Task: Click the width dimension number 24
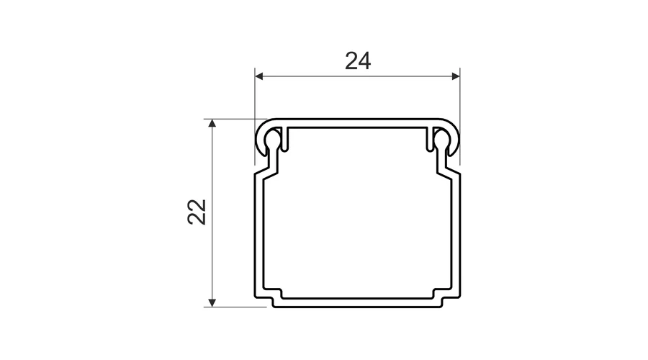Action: [x=358, y=60]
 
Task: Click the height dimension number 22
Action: [x=197, y=212]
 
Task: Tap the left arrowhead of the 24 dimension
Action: [x=259, y=76]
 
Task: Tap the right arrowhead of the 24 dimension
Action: [x=456, y=76]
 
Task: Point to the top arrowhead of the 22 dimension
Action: [x=212, y=123]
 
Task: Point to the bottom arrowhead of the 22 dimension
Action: [x=212, y=302]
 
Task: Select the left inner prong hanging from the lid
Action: [x=284, y=139]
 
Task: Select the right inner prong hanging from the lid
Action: [x=430, y=139]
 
